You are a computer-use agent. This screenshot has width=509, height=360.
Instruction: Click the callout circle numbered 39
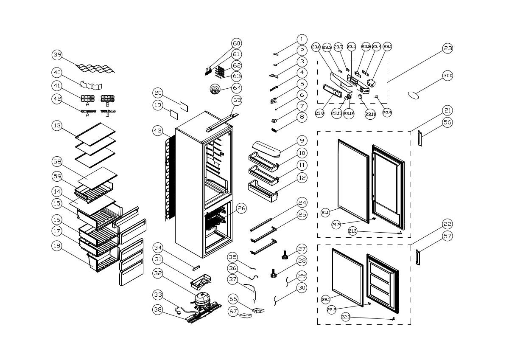pos(58,55)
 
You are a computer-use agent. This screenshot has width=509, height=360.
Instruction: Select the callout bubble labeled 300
pos(448,76)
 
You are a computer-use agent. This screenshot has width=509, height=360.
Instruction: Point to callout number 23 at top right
pos(448,48)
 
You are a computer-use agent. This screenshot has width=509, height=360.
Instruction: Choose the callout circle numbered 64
pos(237,88)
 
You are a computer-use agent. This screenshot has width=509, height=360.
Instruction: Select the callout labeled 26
pos(241,208)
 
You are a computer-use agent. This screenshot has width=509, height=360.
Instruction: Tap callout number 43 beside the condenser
pos(158,131)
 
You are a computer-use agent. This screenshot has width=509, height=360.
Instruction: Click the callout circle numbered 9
pos(302,141)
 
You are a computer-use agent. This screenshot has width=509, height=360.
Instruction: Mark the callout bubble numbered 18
pos(58,245)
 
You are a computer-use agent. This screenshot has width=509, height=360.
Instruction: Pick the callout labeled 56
pos(448,122)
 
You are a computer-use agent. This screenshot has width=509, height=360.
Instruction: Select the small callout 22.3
pos(346,317)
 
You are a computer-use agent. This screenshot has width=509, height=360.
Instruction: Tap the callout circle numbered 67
pos(233,311)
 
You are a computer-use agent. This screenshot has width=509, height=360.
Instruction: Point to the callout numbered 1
pos(302,39)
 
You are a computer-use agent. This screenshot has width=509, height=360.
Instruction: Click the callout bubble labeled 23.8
pos(320,113)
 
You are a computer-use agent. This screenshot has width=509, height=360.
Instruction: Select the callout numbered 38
pos(158,309)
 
